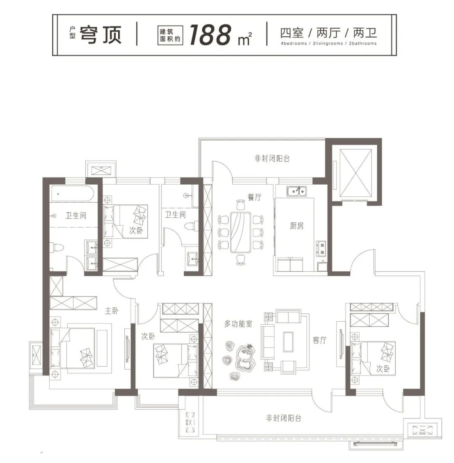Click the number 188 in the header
click(210, 35)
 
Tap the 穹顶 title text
click(101, 35)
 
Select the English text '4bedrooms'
click(294, 43)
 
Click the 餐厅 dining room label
click(254, 197)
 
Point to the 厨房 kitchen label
click(297, 226)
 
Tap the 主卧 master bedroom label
click(111, 311)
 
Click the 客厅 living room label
click(319, 340)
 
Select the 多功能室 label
click(238, 324)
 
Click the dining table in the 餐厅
click(240, 233)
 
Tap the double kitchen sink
click(297, 191)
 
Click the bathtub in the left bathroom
click(72, 194)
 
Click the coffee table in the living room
click(288, 342)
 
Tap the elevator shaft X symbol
click(356, 173)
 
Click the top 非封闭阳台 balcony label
click(272, 159)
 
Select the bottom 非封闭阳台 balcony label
click(284, 418)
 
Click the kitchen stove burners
click(322, 248)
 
